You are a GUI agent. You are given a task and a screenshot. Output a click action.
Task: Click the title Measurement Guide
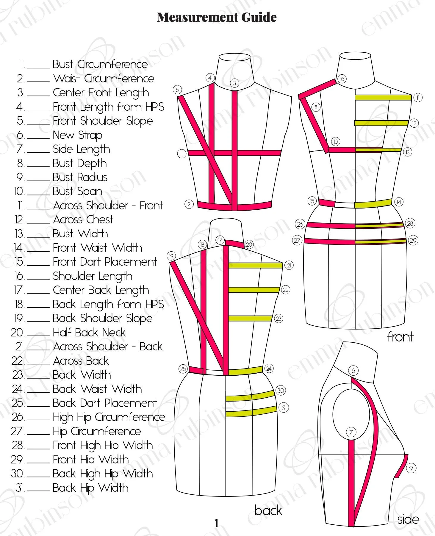point(217,17)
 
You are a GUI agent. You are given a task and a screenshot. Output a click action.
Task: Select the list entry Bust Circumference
point(100,64)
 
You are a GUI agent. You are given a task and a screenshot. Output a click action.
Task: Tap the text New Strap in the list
point(77,135)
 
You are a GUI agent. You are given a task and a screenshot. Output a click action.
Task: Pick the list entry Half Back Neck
point(89,332)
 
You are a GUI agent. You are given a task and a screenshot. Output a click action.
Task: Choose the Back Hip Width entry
point(90,488)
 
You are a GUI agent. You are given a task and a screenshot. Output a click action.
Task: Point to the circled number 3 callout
point(234,83)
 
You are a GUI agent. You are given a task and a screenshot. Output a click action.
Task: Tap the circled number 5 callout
point(177,90)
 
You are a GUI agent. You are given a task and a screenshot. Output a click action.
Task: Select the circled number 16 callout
point(342,79)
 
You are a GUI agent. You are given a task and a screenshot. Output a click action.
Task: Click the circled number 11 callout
point(418,97)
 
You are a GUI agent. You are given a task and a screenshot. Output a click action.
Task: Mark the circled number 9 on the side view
point(411,468)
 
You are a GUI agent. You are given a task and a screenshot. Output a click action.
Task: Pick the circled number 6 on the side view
point(353,371)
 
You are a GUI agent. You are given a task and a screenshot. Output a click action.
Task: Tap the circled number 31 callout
point(284,408)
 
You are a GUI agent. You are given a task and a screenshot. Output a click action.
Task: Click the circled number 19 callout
point(171,256)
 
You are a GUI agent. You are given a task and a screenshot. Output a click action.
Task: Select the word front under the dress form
point(400,337)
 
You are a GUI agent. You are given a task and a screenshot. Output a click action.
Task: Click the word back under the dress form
point(268,510)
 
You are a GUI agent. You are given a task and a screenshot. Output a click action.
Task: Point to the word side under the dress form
point(408,519)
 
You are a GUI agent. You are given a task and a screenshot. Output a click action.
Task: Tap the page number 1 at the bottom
point(217,523)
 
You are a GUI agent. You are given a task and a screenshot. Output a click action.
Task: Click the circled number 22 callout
point(285,290)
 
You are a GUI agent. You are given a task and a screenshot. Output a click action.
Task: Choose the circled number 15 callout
point(312,201)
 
